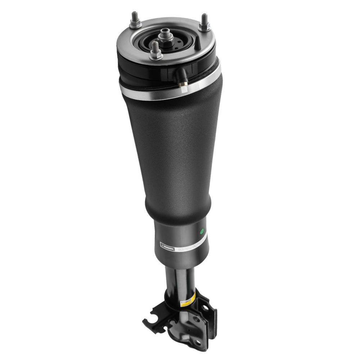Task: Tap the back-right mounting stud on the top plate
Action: pos(204,21)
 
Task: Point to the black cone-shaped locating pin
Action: pos(198,44)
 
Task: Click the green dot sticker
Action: pos(202,231)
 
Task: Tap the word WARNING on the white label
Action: pos(168,248)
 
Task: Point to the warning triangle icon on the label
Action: pos(162,247)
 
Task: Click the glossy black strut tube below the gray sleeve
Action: pos(180,281)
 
